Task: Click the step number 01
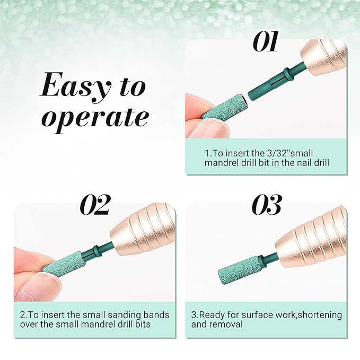[266, 41]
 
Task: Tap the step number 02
[95, 205]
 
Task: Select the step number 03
[267, 205]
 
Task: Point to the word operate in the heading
[94, 118]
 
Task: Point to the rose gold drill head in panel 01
[324, 58]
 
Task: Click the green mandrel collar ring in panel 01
[289, 74]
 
